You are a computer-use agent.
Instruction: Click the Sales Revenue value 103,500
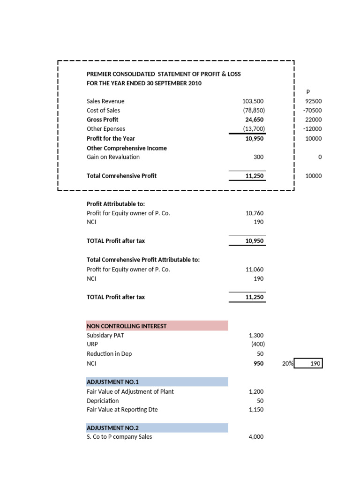(x=253, y=101)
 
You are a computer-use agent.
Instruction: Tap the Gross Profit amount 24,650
(x=255, y=120)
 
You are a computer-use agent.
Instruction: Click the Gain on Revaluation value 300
(x=258, y=157)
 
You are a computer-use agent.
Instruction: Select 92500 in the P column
(x=314, y=101)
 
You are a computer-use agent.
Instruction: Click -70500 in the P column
(x=313, y=110)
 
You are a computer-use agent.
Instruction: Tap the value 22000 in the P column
(x=314, y=120)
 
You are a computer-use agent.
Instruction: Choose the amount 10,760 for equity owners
(x=255, y=213)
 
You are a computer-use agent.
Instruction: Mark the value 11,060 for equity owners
(x=255, y=269)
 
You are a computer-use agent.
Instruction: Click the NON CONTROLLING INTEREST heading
(x=127, y=326)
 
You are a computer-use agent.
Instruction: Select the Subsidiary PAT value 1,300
(x=256, y=335)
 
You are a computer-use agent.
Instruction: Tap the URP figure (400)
(x=257, y=345)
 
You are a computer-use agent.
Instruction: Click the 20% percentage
(x=287, y=363)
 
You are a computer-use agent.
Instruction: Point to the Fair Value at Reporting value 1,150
(x=256, y=409)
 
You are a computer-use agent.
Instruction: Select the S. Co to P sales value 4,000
(x=256, y=437)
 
